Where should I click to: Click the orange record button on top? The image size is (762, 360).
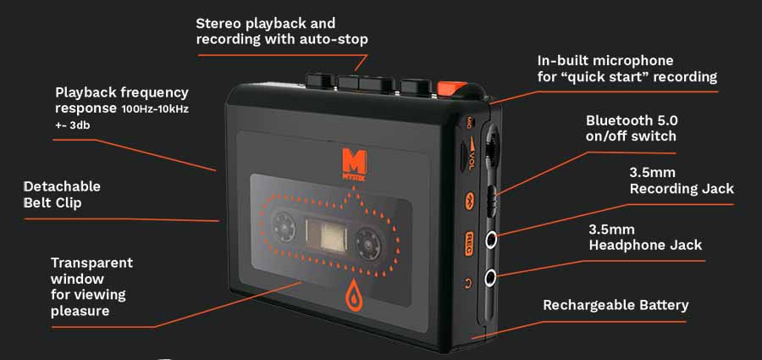tap(451, 88)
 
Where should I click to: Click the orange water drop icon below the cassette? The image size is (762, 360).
tap(353, 298)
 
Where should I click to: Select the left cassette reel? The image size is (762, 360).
tap(284, 227)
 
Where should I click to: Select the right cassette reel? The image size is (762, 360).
tap(369, 241)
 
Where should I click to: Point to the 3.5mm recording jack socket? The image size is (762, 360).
tap(491, 239)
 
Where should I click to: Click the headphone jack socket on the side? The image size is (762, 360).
tap(491, 279)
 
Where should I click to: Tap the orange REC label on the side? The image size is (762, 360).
tap(470, 239)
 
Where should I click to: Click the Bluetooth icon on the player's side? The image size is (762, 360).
tap(470, 202)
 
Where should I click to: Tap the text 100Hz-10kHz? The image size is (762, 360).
tap(155, 109)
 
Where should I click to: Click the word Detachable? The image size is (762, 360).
tap(62, 186)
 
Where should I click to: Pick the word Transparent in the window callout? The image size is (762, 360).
tap(91, 263)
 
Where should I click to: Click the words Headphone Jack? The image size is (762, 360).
tap(645, 245)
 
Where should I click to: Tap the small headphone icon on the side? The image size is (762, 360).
tap(469, 282)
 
